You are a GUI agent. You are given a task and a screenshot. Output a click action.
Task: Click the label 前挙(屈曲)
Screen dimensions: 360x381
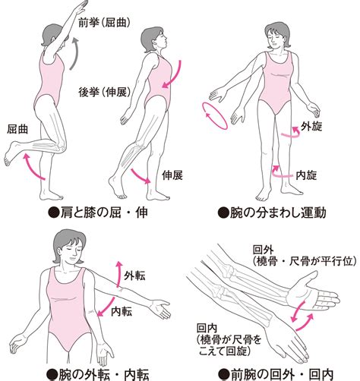tap(104, 23)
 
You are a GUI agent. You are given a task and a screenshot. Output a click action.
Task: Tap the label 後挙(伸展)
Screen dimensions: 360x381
tap(104, 92)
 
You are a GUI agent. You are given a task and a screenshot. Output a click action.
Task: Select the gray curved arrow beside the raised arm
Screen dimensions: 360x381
tap(74, 54)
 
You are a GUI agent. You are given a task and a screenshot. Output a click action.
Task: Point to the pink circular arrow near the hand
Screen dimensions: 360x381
tap(215, 116)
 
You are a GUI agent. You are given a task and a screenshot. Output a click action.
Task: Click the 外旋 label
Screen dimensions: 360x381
tap(311, 126)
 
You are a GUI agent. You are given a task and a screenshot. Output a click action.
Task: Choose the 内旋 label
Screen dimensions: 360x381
tap(306, 175)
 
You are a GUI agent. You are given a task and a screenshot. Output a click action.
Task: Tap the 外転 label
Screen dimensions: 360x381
tap(134, 276)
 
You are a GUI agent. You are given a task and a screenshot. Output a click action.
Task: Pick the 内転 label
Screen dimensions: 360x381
tap(122, 311)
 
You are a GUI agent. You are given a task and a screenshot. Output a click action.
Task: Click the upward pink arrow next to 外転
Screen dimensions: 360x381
tap(118, 274)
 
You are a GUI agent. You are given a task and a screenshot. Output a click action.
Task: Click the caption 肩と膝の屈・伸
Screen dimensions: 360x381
tap(98, 213)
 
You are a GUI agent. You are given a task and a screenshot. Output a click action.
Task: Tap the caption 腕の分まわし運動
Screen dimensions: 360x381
tap(272, 213)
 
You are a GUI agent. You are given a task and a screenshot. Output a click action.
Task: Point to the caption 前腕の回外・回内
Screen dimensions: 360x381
tap(276, 375)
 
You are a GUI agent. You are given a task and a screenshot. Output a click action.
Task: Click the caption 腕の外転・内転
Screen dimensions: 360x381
tap(98, 375)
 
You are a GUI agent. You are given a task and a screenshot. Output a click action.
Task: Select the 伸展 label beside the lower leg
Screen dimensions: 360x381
tap(172, 175)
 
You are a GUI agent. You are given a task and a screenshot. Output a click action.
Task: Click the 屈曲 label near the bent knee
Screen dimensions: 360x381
tap(17, 129)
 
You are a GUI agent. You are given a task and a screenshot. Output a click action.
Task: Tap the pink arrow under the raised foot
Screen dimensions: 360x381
tap(33, 167)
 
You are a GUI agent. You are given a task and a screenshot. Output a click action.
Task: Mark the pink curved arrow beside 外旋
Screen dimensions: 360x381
tap(291, 133)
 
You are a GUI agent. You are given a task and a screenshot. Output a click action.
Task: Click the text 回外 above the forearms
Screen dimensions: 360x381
tap(264, 250)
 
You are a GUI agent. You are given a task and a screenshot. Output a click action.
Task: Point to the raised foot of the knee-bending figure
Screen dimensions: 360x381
tap(13, 153)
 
